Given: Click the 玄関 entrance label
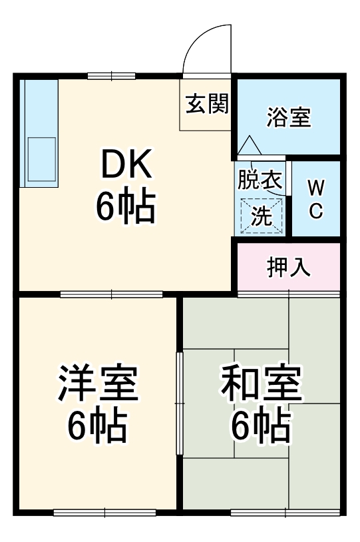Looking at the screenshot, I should (206, 104).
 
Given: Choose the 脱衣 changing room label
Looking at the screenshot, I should (260, 180).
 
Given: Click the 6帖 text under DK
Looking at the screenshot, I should (126, 207).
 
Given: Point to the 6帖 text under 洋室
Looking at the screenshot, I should (97, 427).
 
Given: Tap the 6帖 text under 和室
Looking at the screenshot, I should (261, 427).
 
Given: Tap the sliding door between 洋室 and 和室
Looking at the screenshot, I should (179, 403).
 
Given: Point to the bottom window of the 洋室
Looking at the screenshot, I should (104, 512).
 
